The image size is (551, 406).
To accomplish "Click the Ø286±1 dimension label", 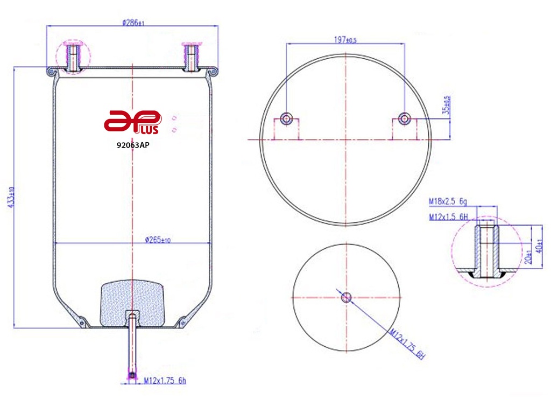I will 133,23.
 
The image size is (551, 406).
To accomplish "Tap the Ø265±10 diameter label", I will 158,240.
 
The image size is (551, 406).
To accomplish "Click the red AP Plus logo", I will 132,122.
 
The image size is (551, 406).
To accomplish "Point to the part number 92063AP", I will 132,145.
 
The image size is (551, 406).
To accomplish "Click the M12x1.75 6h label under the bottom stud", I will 165,381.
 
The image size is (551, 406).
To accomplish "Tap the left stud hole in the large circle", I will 286,118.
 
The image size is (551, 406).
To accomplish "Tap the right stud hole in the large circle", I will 404,118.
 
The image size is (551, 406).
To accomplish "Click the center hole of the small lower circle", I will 346,297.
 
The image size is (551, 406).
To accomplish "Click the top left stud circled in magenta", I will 73,57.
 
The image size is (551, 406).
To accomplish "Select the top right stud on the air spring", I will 190,57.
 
